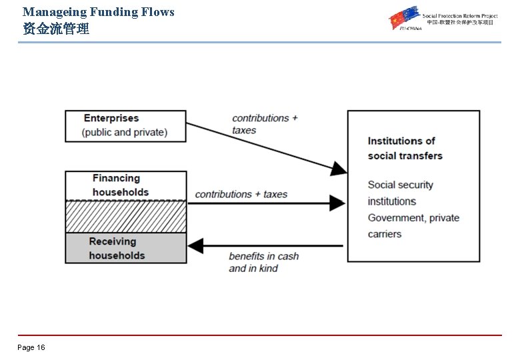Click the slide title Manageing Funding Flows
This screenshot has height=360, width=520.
pos(98,12)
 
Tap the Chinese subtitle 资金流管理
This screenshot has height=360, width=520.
pos(56,29)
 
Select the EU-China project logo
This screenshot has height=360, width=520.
pos(443,19)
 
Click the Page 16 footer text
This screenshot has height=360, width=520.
pos(31,347)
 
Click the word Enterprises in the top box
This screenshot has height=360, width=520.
pos(111,118)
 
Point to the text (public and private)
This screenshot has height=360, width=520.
pos(125,132)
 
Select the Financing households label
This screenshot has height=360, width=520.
pos(121,185)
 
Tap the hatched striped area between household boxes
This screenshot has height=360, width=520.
pos(125,216)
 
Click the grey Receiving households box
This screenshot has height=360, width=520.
pos(125,248)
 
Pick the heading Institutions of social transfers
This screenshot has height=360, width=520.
pos(405,148)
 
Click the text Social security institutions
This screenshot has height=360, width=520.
pos(400,193)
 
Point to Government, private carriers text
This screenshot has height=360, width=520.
pos(413,225)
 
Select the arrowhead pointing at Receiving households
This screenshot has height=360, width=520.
pos(195,246)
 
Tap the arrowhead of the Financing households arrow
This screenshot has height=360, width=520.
pos(339,203)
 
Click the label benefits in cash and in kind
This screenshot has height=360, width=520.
pos(263,262)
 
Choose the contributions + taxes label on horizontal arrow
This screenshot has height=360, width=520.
pos(241,194)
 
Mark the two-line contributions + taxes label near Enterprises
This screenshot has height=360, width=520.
pos(264,124)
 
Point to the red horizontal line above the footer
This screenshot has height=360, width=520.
pos(260,335)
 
